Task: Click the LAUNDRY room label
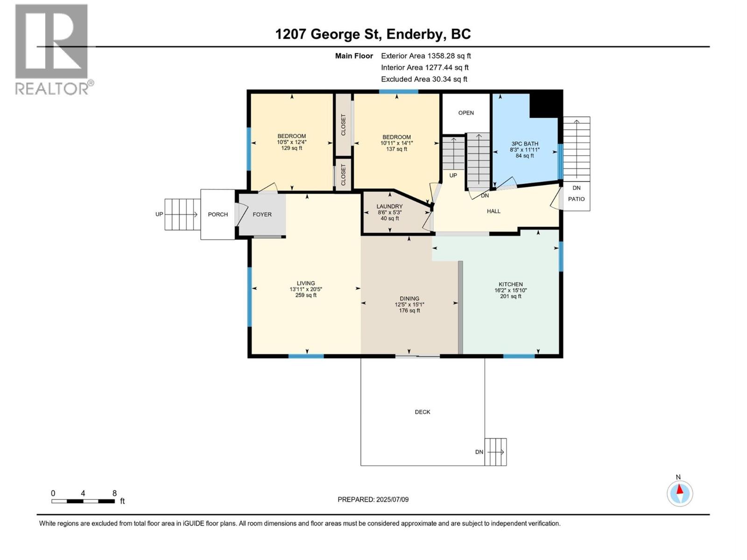(x=389, y=206)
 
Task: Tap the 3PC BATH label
(x=524, y=144)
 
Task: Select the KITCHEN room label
(x=510, y=284)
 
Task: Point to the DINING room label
(x=409, y=299)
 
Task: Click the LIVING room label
(x=306, y=283)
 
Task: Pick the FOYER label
(x=262, y=215)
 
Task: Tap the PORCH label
(x=218, y=215)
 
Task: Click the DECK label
(x=422, y=412)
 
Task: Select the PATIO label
(x=576, y=199)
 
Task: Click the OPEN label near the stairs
(x=465, y=113)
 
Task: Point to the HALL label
(x=493, y=211)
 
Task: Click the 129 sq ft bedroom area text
(x=291, y=148)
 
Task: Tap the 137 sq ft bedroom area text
(x=396, y=149)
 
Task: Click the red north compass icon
(x=679, y=493)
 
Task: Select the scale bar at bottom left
(x=83, y=501)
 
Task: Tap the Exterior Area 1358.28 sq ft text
(x=426, y=56)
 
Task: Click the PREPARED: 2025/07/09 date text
(x=373, y=499)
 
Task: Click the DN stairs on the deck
(x=495, y=452)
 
